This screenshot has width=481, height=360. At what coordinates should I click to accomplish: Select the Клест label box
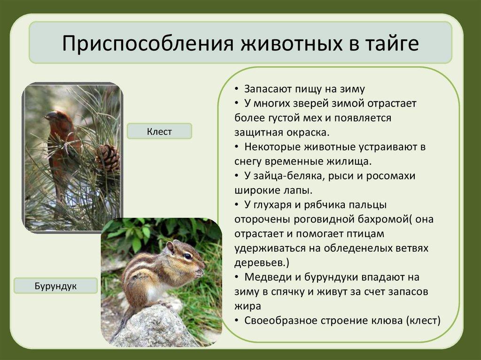(159, 131)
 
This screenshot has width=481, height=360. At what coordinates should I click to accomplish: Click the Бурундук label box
(55, 286)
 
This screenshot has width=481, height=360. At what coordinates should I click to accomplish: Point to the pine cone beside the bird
(108, 158)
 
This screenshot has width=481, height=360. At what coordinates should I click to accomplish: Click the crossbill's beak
(49, 116)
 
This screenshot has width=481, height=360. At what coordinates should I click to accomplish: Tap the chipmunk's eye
(188, 255)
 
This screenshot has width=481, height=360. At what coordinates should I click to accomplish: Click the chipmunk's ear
(170, 247)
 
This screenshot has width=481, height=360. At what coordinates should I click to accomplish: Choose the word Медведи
(268, 277)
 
